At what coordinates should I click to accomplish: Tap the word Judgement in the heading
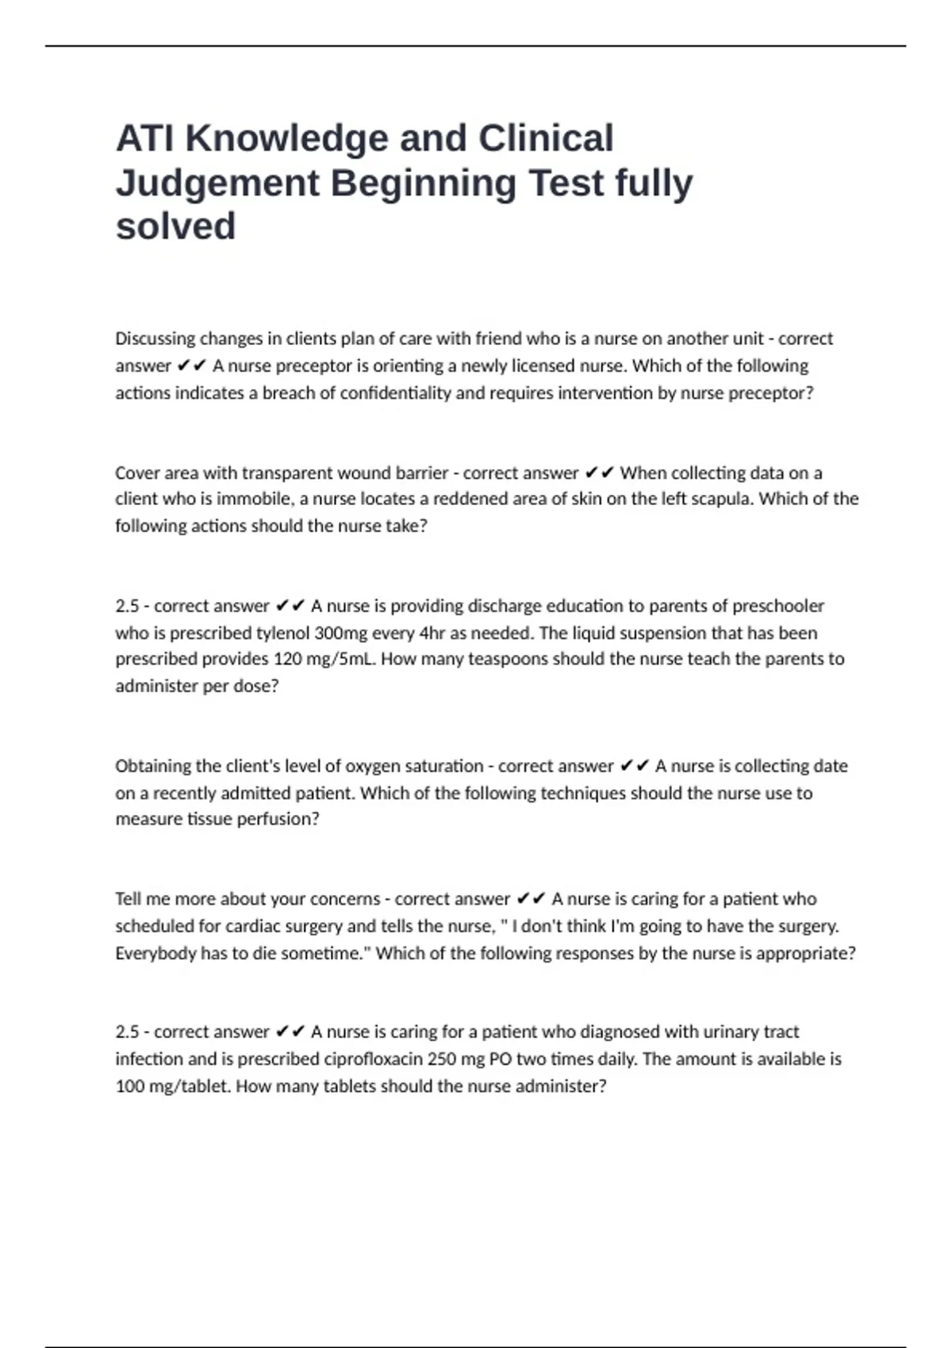pos(217,183)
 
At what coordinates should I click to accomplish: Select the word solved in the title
pos(175,226)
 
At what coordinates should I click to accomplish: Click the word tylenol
pos(282,634)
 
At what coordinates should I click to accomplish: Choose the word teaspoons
pos(494,660)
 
